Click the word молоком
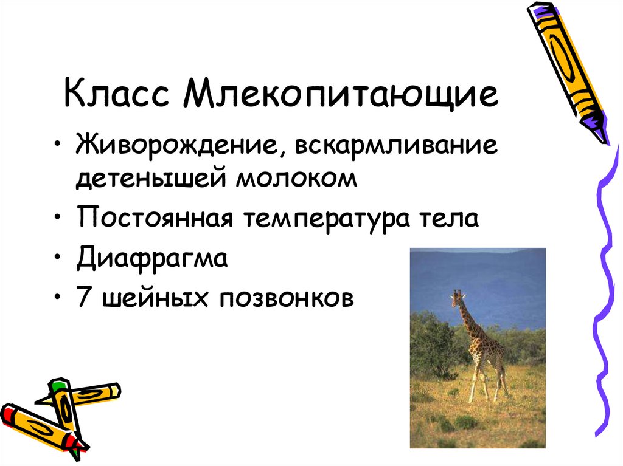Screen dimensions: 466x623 click(x=294, y=179)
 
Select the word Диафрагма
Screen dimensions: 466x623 click(x=152, y=259)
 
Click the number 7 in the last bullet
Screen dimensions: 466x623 click(x=83, y=298)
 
